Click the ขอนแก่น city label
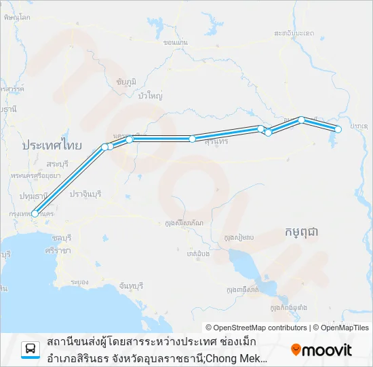(176, 42)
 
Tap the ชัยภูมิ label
(126, 81)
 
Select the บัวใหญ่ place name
(150, 96)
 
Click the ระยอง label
(79, 281)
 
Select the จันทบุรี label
(131, 285)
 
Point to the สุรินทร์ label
(215, 141)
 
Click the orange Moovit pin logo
(296, 350)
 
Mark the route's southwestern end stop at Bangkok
(35, 213)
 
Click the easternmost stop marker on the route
(338, 129)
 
